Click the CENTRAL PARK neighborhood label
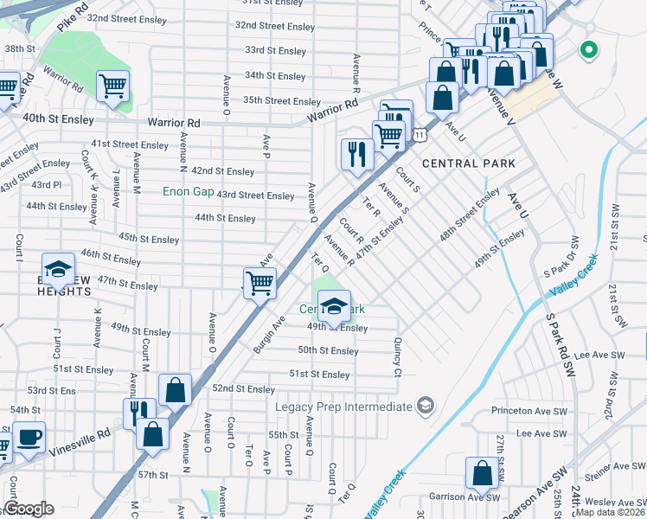[x=468, y=163]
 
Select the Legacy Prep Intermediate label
[x=343, y=407]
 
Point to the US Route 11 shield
[x=420, y=135]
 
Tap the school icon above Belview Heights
[x=58, y=270]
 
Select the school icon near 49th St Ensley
[x=334, y=305]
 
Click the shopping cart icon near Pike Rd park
[x=113, y=86]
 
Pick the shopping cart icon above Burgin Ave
[x=259, y=282]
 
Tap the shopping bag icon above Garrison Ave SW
[x=482, y=472]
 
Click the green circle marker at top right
[x=590, y=50]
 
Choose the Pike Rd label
[x=74, y=18]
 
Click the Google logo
[x=29, y=509]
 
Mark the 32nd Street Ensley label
[x=275, y=27]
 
